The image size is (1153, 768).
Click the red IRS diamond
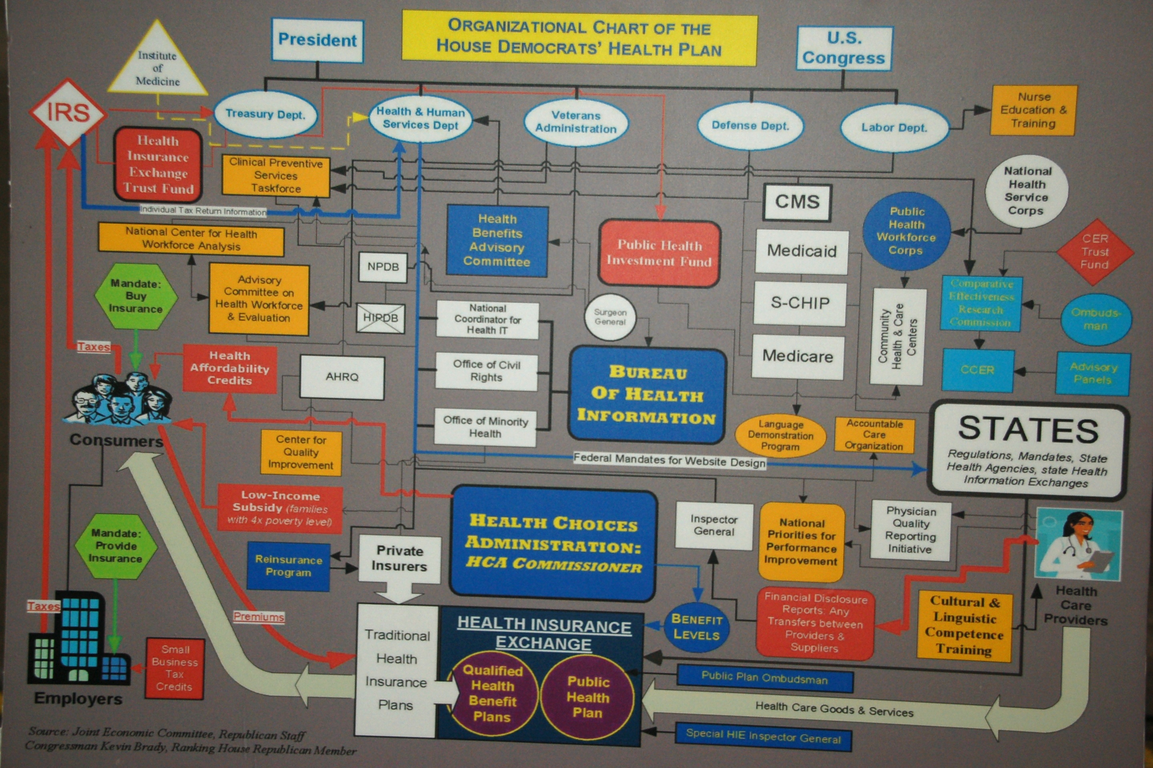click(x=68, y=113)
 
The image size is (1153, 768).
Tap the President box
click(x=317, y=40)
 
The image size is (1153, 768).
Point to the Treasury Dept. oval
click(x=265, y=115)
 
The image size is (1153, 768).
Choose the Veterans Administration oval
click(x=576, y=122)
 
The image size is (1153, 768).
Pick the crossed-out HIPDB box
click(x=381, y=318)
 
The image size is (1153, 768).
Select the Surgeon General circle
click(x=610, y=317)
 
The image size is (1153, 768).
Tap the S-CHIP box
click(x=800, y=303)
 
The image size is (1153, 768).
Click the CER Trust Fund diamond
click(x=1095, y=252)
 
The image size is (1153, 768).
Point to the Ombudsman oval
click(x=1096, y=319)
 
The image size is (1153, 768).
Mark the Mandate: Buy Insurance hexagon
click(x=136, y=296)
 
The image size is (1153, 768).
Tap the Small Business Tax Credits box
click(x=174, y=668)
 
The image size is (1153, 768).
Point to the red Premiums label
click(x=259, y=616)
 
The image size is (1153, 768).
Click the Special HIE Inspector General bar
click(x=763, y=736)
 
